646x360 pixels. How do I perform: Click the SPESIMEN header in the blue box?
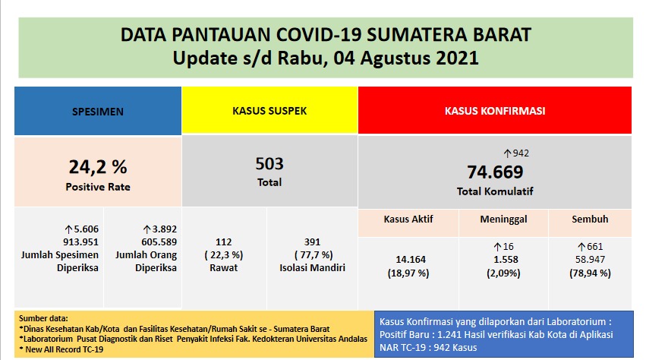[97, 112]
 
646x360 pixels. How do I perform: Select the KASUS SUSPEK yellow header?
[269, 111]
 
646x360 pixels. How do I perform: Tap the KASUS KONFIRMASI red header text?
[494, 111]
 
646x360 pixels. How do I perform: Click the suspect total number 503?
[269, 163]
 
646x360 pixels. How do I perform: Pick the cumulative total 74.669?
[494, 171]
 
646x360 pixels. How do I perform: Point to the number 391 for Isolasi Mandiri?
[313, 242]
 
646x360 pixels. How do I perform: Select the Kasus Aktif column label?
[408, 220]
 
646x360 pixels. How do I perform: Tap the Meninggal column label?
[504, 220]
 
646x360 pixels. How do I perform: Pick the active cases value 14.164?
[408, 260]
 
